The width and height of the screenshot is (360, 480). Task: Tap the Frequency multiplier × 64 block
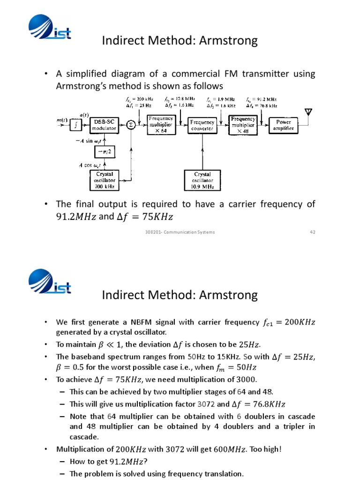[x=161, y=125]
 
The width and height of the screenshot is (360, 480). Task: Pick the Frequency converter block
[x=202, y=125]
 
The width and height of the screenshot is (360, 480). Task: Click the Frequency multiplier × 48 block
[x=243, y=125]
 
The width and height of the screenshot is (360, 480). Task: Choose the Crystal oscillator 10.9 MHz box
[x=202, y=180]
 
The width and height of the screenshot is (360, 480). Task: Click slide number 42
[x=312, y=232]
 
